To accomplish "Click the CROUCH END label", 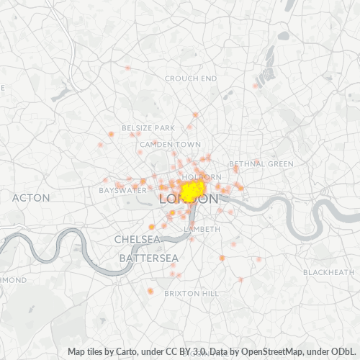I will (191, 78).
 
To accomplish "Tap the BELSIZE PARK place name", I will (148, 127).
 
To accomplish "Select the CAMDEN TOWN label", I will (171, 145).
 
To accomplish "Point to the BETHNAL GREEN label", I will (261, 164).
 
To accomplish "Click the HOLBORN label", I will (197, 176).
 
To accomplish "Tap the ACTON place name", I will (31, 197).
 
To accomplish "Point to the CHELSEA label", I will (137, 239).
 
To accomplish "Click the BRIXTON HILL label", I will (191, 294).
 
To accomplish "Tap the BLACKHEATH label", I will (328, 272).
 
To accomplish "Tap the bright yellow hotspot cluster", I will (192, 192).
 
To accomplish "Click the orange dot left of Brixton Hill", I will (150, 291).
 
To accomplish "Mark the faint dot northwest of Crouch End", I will (127, 68).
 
